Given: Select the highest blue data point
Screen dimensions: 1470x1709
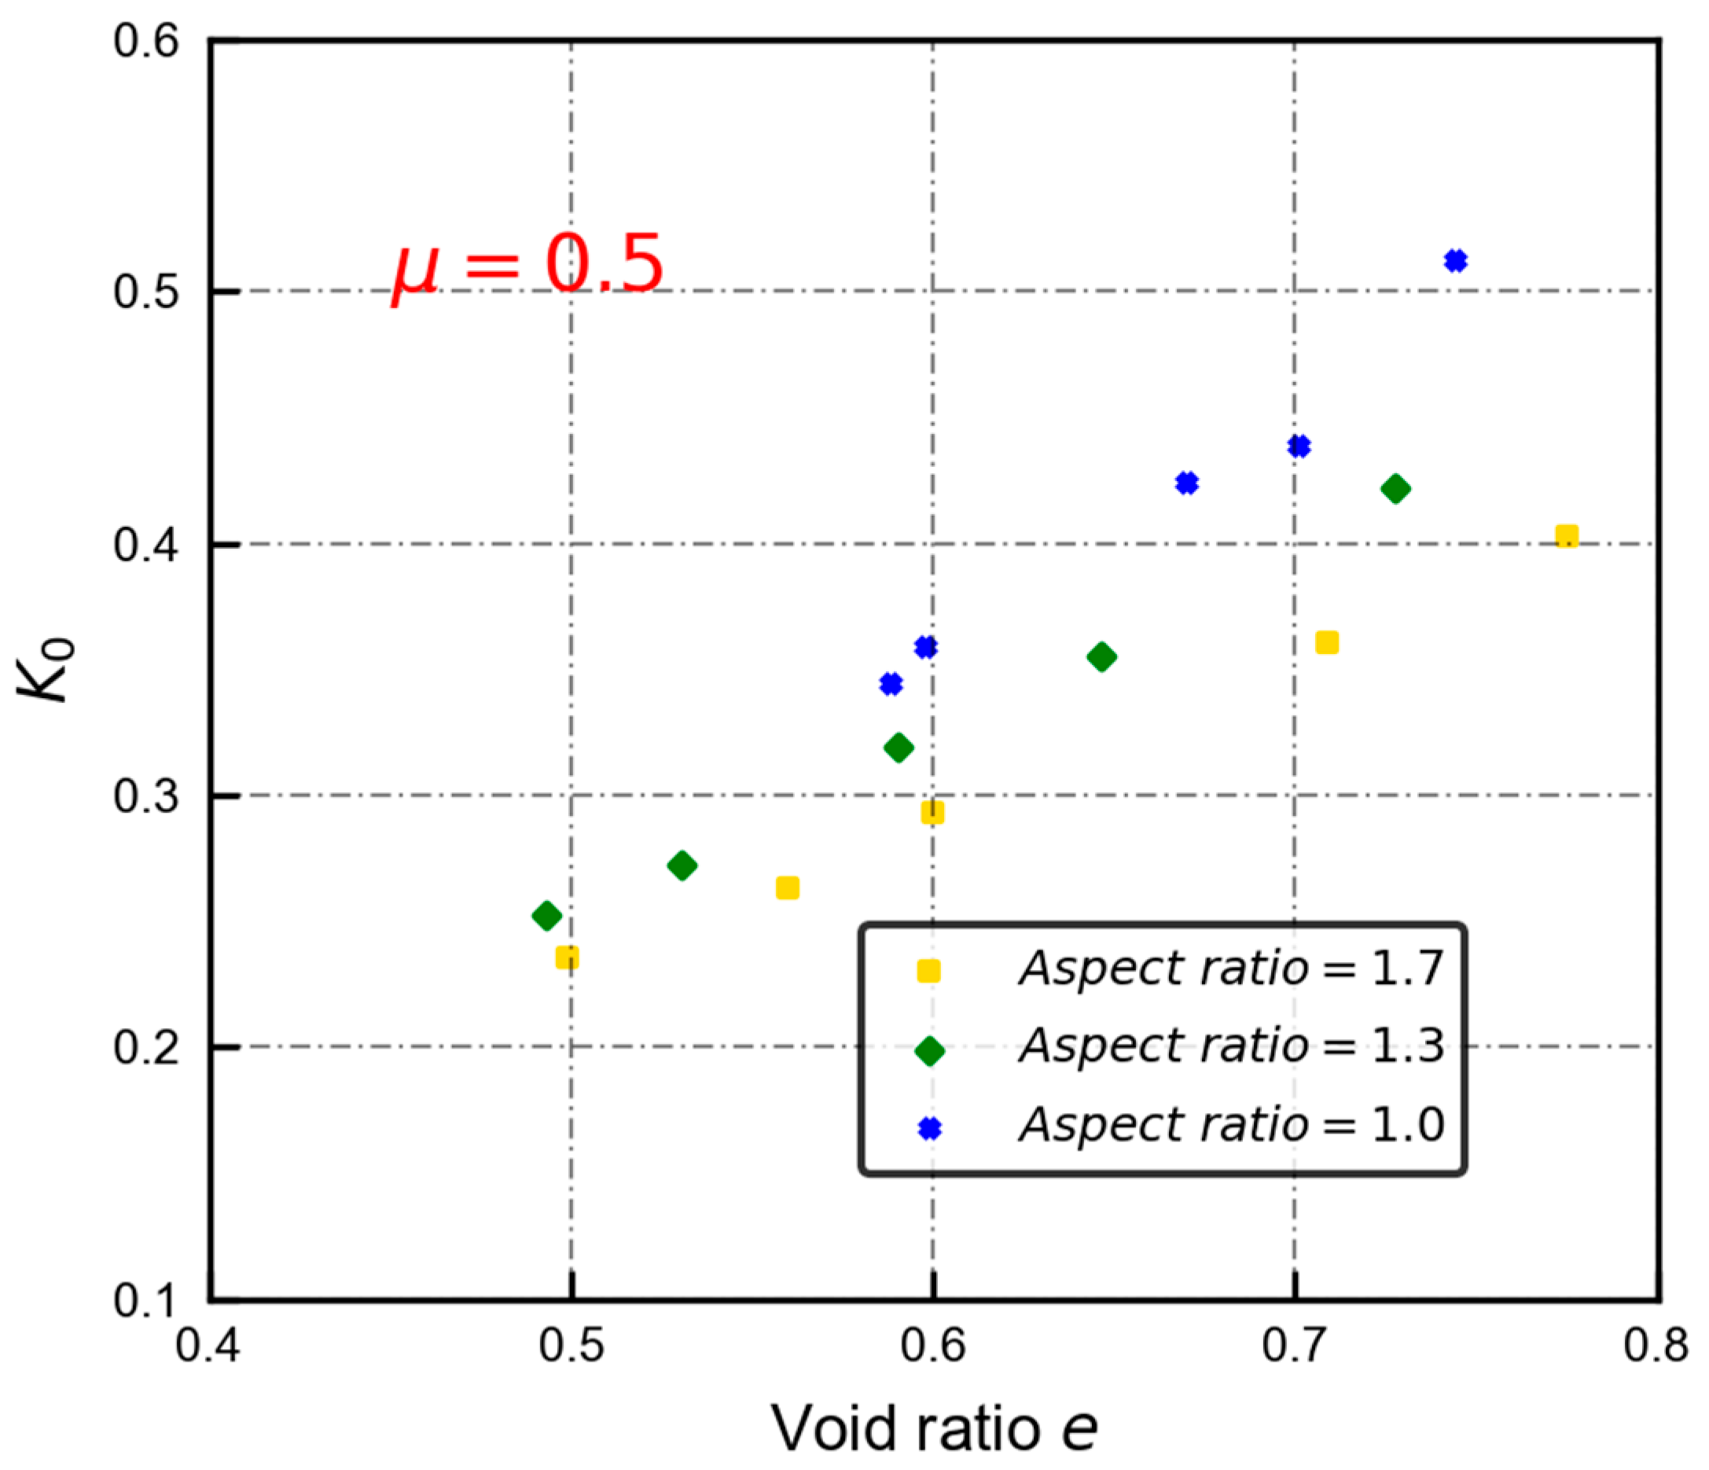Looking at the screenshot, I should pyautogui.click(x=1456, y=261).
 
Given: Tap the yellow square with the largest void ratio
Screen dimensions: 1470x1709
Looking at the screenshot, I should pyautogui.click(x=1566, y=536).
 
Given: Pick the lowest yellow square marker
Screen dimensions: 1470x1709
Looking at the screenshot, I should pyautogui.click(x=567, y=957).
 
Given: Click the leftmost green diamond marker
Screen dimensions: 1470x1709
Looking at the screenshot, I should pyautogui.click(x=547, y=915).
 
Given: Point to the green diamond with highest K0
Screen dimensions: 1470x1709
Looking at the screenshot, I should pyautogui.click(x=1395, y=488).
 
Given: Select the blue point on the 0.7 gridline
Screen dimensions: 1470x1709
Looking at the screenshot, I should pyautogui.click(x=1298, y=447).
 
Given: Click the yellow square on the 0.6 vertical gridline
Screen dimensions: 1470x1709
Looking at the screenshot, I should pyautogui.click(x=932, y=813).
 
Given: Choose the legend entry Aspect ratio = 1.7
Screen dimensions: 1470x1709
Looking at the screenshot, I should pyautogui.click(x=1230, y=968).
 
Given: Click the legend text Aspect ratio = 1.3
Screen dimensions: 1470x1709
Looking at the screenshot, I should pyautogui.click(x=1230, y=1046).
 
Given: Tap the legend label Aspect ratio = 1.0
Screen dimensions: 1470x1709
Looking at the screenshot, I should pyautogui.click(x=1230, y=1124).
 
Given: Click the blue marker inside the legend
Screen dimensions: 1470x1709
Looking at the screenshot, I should pyautogui.click(x=929, y=1128).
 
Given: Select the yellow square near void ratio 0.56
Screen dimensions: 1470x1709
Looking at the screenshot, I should pyautogui.click(x=788, y=888).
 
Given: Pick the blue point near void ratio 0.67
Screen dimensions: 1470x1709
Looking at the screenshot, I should pyautogui.click(x=1187, y=483).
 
